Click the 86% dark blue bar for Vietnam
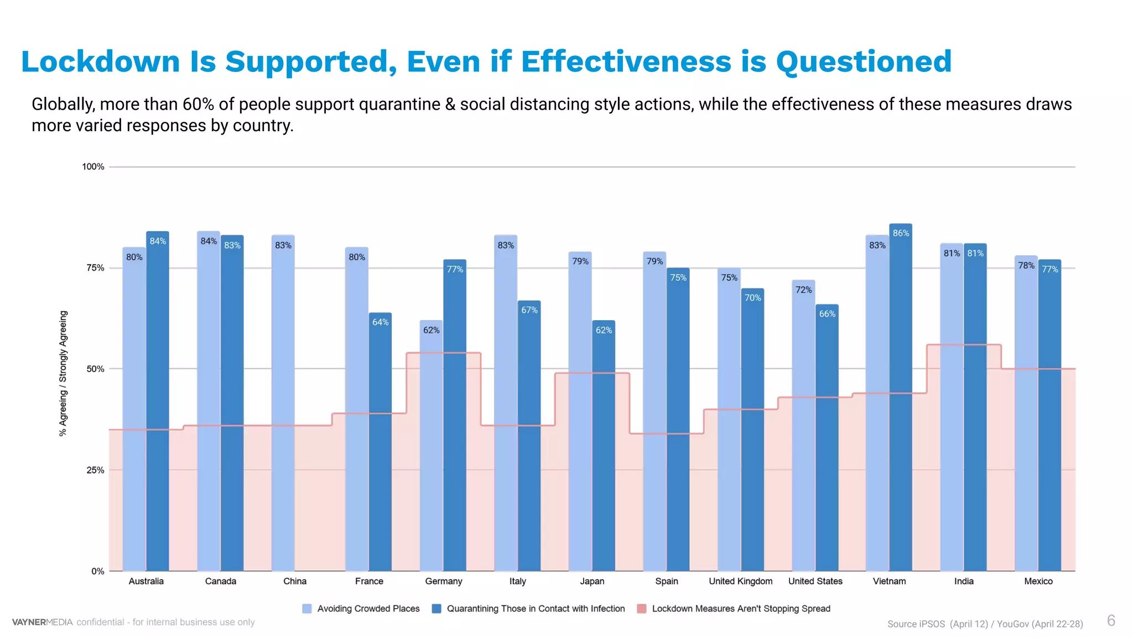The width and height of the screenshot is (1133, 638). pyautogui.click(x=900, y=399)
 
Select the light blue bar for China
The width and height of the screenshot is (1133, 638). pyautogui.click(x=283, y=404)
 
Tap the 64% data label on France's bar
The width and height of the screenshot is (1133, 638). pyautogui.click(x=380, y=322)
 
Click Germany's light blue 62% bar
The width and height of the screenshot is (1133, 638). pyautogui.click(x=431, y=449)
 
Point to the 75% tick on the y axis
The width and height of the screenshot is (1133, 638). pyautogui.click(x=95, y=268)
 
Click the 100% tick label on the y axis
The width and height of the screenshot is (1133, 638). pyautogui.click(x=93, y=167)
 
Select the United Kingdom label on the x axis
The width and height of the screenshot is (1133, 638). pyautogui.click(x=740, y=581)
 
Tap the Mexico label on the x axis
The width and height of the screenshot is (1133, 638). pyautogui.click(x=1038, y=581)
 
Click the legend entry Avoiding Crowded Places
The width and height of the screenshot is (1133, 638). pyautogui.click(x=368, y=609)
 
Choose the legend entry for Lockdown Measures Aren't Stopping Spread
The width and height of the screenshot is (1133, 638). pyautogui.click(x=740, y=609)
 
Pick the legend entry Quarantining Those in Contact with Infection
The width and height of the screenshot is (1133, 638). pyautogui.click(x=535, y=609)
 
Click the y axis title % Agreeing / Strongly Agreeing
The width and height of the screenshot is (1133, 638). pyautogui.click(x=63, y=373)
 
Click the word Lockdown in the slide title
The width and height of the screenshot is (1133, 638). pyautogui.click(x=101, y=61)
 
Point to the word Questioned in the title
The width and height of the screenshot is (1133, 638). pyautogui.click(x=863, y=61)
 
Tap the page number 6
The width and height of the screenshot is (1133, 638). pyautogui.click(x=1111, y=620)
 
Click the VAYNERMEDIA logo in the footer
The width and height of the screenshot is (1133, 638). pyautogui.click(x=43, y=622)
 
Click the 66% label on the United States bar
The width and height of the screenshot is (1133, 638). pyautogui.click(x=827, y=314)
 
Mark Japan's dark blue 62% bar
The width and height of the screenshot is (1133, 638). pyautogui.click(x=603, y=449)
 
